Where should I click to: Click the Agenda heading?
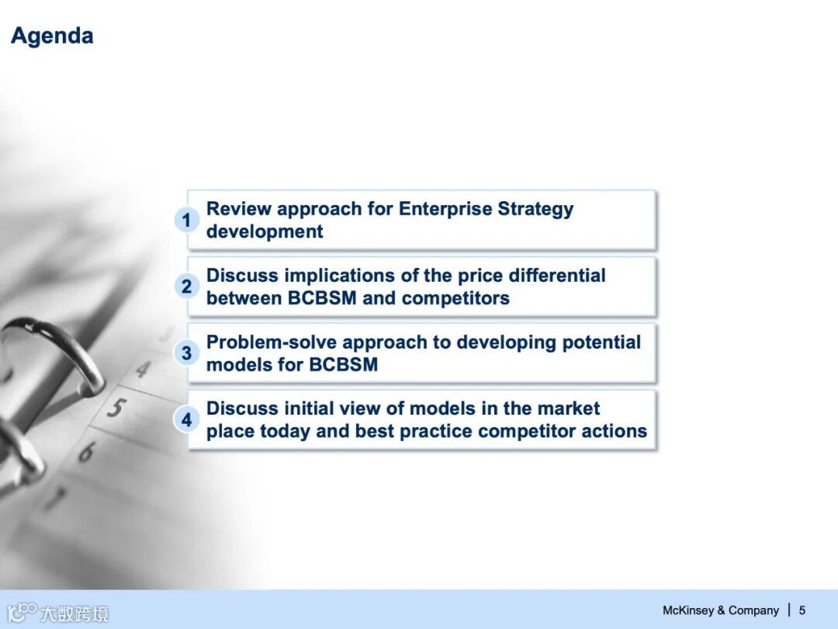(52, 36)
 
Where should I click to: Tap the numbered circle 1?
(186, 220)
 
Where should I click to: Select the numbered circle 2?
(186, 286)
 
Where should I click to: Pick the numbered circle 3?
(186, 353)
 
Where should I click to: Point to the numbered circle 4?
(186, 419)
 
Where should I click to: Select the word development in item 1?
(265, 232)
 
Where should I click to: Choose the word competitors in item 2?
(455, 298)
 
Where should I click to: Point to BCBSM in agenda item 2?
(322, 298)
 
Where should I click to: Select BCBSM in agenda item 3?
(343, 365)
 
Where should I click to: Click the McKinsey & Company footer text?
(720, 610)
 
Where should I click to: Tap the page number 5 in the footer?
(802, 610)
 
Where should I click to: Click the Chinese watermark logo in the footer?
(57, 613)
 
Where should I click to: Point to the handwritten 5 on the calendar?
(116, 408)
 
